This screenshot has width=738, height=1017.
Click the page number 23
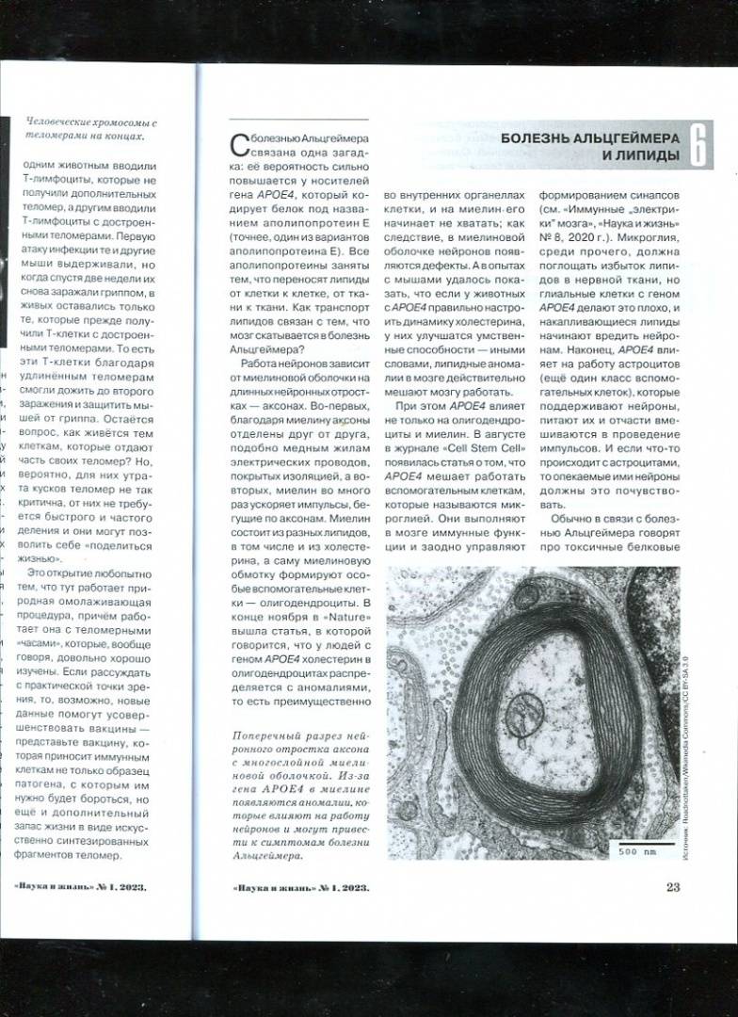[x=673, y=885]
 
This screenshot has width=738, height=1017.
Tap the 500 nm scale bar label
[x=635, y=851]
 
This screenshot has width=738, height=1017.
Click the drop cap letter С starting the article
[x=238, y=144]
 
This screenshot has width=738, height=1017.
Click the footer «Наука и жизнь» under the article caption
[x=276, y=886]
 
